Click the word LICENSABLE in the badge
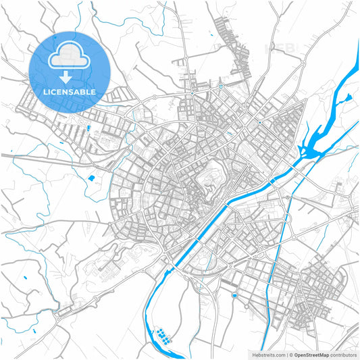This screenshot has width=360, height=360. (70, 91)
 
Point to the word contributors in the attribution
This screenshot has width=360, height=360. (344, 355)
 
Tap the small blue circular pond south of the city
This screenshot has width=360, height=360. (234, 296)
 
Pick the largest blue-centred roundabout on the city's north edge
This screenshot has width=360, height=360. (221, 86)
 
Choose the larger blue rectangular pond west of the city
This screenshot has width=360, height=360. (91, 178)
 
